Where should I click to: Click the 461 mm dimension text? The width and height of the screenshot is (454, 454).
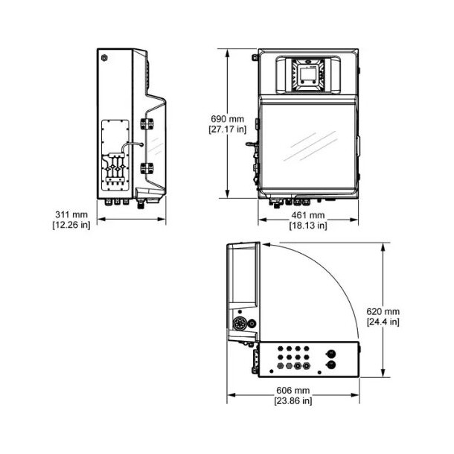[x=307, y=215]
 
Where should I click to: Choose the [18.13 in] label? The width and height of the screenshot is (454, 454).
[x=307, y=226]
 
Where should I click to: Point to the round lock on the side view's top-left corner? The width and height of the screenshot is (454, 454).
[x=105, y=57]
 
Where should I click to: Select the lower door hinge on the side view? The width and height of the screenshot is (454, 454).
[x=145, y=167]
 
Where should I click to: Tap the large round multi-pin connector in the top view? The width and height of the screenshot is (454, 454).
[x=240, y=324]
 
